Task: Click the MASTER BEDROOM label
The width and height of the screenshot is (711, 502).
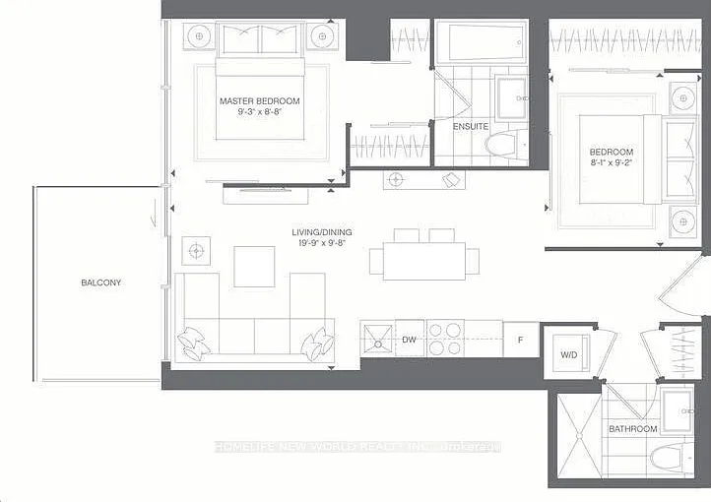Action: (259, 101)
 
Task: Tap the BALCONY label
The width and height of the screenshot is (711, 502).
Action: (100, 282)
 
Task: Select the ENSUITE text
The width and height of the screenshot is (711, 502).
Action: (470, 127)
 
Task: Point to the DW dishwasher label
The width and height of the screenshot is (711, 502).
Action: (409, 340)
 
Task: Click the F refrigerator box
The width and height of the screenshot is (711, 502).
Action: (521, 340)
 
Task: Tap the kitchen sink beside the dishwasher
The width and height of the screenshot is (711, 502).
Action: (377, 339)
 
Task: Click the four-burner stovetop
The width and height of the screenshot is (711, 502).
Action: (445, 339)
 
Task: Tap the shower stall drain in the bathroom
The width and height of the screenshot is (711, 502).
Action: (579, 436)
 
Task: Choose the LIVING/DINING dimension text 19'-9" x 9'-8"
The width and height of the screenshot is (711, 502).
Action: (322, 243)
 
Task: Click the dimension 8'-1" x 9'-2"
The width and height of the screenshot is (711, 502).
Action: (612, 162)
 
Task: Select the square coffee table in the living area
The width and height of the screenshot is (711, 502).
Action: (254, 267)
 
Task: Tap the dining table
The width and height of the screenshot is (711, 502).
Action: (424, 261)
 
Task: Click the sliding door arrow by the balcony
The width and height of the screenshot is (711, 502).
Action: (154, 213)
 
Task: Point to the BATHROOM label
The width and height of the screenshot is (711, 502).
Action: (633, 428)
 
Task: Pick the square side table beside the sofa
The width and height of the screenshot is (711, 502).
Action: (196, 251)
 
